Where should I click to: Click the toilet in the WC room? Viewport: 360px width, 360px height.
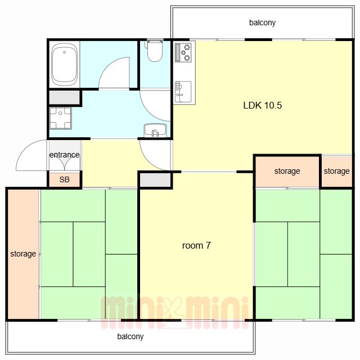point(155,51)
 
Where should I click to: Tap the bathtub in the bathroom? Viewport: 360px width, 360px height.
point(64,65)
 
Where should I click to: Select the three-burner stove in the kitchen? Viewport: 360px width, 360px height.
point(183,53)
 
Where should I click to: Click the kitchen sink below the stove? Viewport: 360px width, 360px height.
point(183,92)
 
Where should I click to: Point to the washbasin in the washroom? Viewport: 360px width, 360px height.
point(155,130)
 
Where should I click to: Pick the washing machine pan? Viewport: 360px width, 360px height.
point(60,118)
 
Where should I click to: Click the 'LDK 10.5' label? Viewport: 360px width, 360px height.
point(263,105)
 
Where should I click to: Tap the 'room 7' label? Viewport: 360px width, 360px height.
point(196,246)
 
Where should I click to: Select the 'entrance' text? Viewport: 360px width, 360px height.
point(65,155)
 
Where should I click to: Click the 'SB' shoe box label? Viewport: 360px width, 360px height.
point(64,179)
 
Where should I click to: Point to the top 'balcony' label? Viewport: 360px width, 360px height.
point(262,22)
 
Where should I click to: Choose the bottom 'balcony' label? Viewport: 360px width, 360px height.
point(130,336)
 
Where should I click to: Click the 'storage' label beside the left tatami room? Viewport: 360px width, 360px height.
point(23,254)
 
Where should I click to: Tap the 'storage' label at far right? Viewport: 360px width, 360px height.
point(336,171)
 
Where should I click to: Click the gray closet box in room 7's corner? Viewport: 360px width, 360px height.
point(155,180)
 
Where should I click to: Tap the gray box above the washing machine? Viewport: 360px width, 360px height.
point(64,97)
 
